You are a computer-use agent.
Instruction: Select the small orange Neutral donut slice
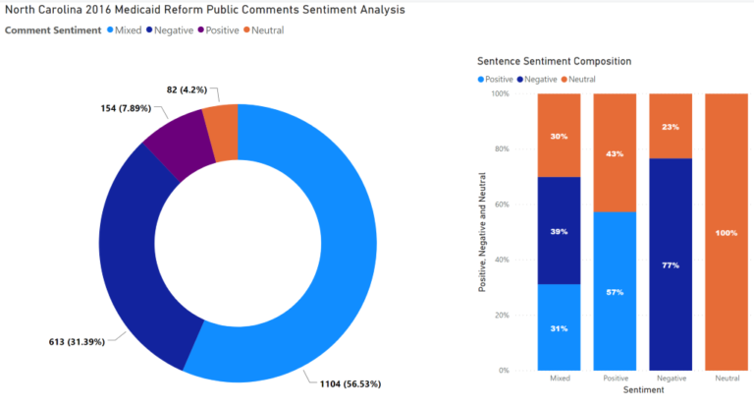(x=221, y=133)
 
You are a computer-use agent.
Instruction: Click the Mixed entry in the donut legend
(x=126, y=30)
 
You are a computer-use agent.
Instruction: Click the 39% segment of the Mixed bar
(x=559, y=230)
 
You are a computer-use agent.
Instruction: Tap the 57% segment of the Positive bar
(x=614, y=291)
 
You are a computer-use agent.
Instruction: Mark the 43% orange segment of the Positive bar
(x=614, y=152)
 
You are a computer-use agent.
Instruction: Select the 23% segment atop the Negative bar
(x=670, y=126)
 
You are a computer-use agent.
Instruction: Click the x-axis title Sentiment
(x=643, y=389)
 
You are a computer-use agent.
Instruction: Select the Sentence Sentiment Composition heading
(x=554, y=61)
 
